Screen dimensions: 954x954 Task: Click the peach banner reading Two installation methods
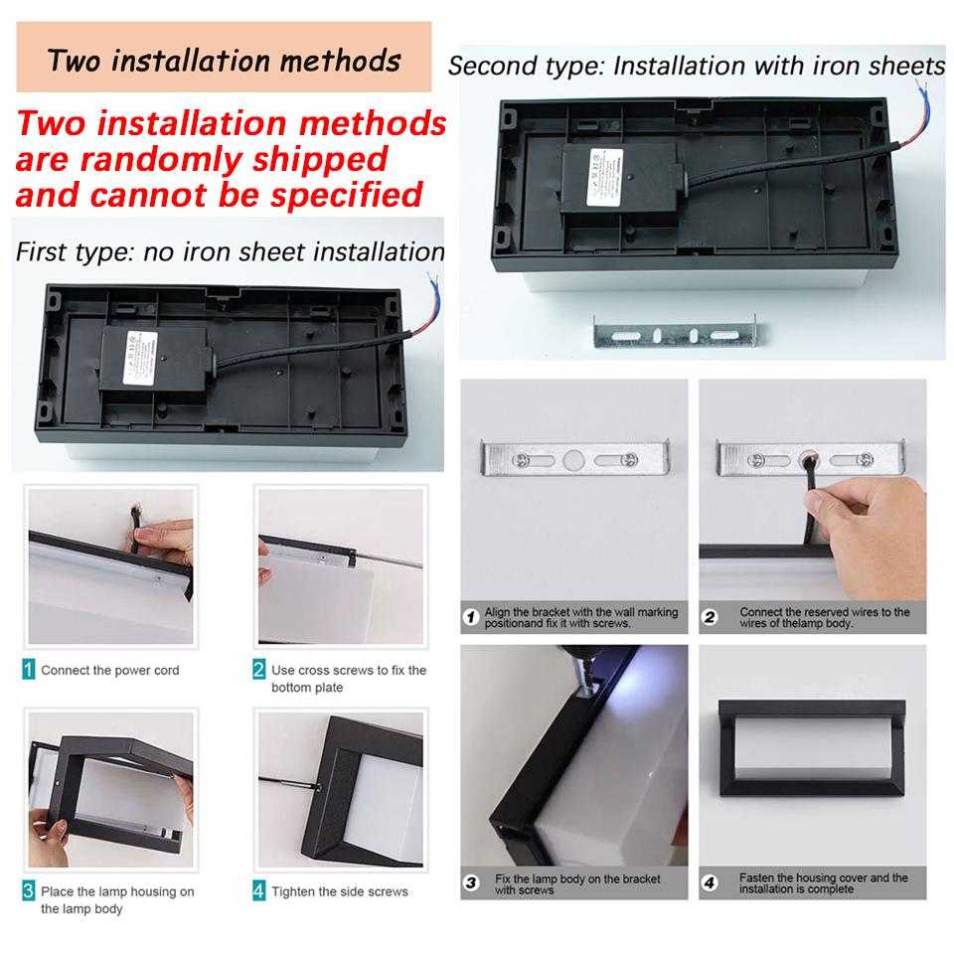click(x=225, y=60)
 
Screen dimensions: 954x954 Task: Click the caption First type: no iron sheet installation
click(x=230, y=251)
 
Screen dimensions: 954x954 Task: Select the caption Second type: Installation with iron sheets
click(x=696, y=68)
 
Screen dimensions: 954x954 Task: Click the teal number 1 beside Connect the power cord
click(x=29, y=670)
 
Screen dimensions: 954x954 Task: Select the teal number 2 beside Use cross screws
click(x=259, y=670)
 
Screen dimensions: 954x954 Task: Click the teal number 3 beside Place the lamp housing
click(x=29, y=890)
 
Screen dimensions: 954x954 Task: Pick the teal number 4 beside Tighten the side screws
click(x=259, y=890)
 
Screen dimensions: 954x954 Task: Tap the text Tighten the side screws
click(x=340, y=891)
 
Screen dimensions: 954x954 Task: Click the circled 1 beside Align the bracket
click(x=473, y=618)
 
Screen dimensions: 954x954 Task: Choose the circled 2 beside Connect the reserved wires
click(x=710, y=617)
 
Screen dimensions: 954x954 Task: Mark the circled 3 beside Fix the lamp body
click(x=473, y=883)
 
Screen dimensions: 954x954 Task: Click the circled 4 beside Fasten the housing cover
click(x=710, y=882)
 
